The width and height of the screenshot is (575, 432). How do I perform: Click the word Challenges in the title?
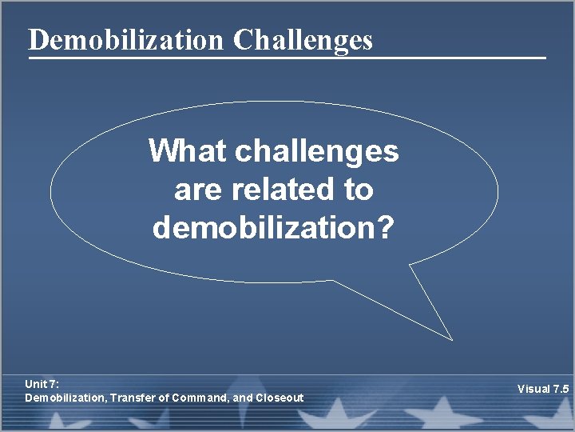303,39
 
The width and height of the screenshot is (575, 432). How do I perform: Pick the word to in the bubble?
358,190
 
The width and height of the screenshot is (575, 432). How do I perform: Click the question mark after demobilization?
386,228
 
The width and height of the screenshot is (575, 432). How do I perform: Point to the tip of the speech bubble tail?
451,340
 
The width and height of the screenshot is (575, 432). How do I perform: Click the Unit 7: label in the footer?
42,385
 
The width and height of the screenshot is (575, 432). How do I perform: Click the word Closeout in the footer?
279,398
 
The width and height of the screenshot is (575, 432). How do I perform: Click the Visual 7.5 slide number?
542,389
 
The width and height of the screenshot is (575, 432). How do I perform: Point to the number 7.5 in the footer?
560,389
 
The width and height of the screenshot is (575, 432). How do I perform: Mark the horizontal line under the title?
287,58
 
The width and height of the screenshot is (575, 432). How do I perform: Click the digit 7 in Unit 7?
52,385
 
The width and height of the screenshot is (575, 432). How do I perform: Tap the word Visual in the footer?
533,389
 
